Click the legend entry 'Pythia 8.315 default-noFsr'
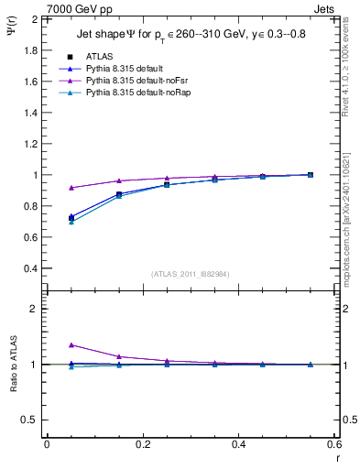coord(137,81)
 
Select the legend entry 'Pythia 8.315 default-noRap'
coord(138,93)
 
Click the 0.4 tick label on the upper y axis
coord(27,269)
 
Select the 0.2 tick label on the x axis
coord(142,444)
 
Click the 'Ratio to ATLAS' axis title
coord(14,365)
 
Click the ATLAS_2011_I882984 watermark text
coord(191,274)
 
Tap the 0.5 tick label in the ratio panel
coord(27,420)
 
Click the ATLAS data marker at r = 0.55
coord(311,175)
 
